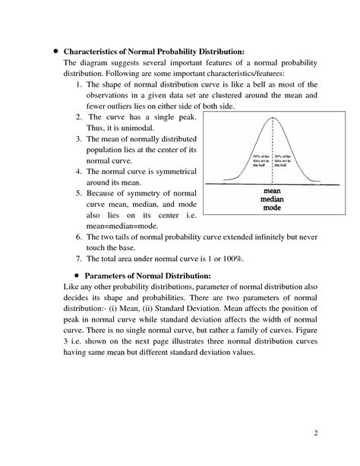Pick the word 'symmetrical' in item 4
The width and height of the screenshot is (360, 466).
point(172,172)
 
